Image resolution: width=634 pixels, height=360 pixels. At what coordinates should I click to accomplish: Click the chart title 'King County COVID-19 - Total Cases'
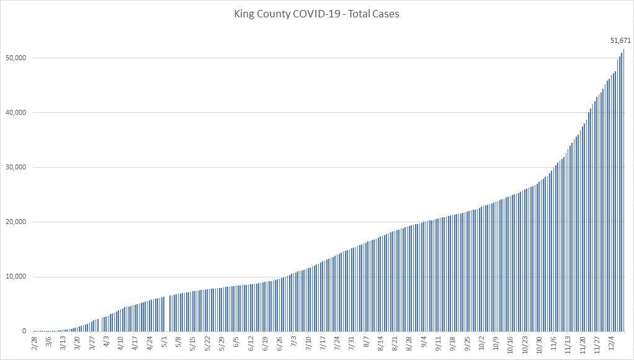tap(316, 14)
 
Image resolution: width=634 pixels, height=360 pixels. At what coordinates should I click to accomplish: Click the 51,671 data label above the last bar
tap(620, 40)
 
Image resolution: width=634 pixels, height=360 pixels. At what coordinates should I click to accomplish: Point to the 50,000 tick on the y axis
tap(14, 58)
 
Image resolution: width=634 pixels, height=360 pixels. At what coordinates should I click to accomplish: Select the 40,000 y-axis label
tap(14, 113)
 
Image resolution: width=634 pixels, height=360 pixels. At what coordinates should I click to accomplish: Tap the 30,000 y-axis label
tap(14, 168)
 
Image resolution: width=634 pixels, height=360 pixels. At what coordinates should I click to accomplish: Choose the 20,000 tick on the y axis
tap(14, 222)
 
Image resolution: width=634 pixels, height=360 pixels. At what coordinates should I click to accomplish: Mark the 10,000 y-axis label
tap(14, 277)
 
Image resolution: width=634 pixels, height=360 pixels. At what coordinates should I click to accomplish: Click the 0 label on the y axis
tap(24, 331)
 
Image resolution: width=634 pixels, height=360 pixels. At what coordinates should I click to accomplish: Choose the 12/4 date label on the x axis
tap(612, 343)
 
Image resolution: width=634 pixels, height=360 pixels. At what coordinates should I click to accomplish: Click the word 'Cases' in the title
tap(385, 14)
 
